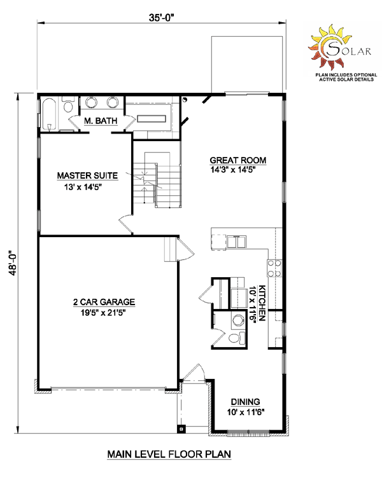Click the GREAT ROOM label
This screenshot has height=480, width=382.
(238, 160)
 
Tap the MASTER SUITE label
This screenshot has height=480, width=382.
(87, 175)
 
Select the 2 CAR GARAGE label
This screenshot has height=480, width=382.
(104, 302)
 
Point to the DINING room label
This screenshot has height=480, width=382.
(245, 402)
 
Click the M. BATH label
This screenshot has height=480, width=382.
(101, 121)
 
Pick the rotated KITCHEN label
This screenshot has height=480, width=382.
(262, 303)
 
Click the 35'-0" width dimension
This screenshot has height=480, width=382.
(162, 18)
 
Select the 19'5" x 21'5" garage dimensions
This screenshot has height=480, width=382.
(104, 313)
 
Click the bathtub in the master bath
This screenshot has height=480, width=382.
(49, 114)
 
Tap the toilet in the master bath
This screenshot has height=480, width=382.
(68, 105)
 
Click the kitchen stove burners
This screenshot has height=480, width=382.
(274, 268)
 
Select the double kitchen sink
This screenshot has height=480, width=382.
(236, 241)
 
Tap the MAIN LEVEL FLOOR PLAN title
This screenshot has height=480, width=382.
(169, 454)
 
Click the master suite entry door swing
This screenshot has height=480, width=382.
(125, 224)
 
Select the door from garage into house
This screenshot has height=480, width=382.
(185, 249)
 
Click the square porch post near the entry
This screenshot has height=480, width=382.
(181, 429)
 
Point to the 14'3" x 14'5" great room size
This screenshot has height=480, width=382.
(233, 170)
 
